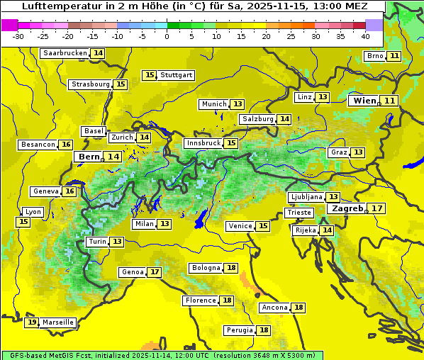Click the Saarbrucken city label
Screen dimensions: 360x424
pyautogui.click(x=65, y=53)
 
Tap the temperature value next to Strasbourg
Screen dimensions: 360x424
pyautogui.click(x=121, y=84)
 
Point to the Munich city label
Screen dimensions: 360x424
pyautogui.click(x=214, y=104)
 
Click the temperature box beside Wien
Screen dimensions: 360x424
pyautogui.click(x=390, y=101)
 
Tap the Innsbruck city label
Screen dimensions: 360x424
pyautogui.click(x=203, y=143)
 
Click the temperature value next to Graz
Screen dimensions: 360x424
pyautogui.click(x=359, y=152)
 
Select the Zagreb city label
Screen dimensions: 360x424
pyautogui.click(x=347, y=209)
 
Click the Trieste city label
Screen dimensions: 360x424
pyautogui.click(x=299, y=213)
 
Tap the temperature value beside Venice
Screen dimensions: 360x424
pyautogui.click(x=263, y=226)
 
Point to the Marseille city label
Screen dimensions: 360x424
pyautogui.click(x=58, y=322)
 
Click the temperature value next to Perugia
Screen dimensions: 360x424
pyautogui.click(x=264, y=330)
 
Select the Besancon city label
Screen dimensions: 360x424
pyautogui.click(x=38, y=145)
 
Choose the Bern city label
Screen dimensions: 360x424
pyautogui.click(x=89, y=157)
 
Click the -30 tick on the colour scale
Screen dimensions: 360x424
pyautogui.click(x=18, y=36)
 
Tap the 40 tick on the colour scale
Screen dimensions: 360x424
pyautogui.click(x=365, y=36)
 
